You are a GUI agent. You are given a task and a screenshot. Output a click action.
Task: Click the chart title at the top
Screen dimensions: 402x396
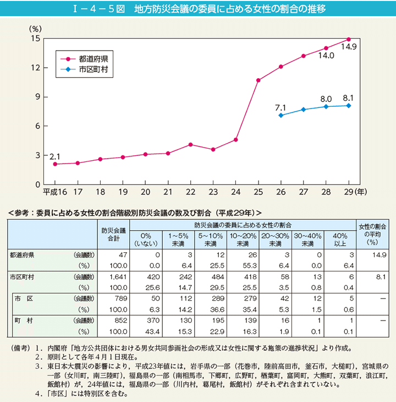pyautogui.click(x=198, y=9)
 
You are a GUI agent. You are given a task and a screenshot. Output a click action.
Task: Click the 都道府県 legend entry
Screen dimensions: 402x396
pyautogui.click(x=93, y=58)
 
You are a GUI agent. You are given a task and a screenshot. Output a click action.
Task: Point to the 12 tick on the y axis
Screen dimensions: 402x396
pyautogui.click(x=36, y=68)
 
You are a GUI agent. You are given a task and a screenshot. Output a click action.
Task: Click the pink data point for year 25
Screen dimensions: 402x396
pyautogui.click(x=258, y=80)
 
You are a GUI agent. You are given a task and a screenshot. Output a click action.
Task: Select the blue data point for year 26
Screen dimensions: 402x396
pyautogui.click(x=281, y=115)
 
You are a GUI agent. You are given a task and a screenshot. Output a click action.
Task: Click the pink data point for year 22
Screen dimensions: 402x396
pyautogui.click(x=190, y=144)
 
